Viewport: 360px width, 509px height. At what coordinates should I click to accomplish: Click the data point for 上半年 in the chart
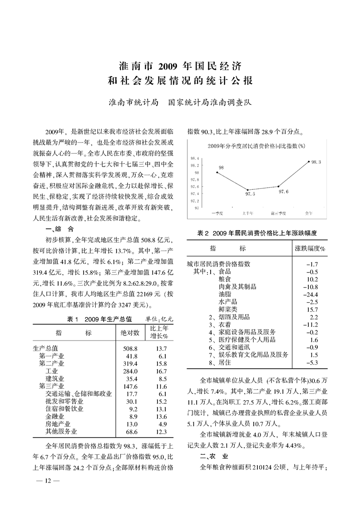[x=248, y=189]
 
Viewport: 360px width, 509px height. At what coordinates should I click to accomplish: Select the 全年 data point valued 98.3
[x=309, y=161]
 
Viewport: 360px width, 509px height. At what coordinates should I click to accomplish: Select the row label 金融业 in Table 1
[x=55, y=416]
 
